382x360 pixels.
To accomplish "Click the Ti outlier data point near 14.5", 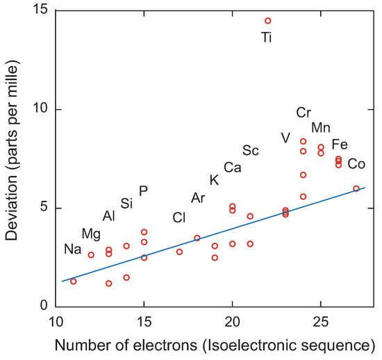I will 267,21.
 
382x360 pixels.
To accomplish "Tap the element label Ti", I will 267,38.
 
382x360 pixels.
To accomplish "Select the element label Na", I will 73,249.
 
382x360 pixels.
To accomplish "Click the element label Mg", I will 91,233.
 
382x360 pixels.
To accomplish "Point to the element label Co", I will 356,164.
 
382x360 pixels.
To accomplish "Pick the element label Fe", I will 340,145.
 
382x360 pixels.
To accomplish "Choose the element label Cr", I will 304,113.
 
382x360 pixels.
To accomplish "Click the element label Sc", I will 251,151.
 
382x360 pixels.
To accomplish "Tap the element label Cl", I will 179,218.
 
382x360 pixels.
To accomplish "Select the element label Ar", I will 198,199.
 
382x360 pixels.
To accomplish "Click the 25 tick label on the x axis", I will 321,322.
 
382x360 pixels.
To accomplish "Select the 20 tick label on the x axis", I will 232,322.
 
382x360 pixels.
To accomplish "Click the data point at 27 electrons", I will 356,188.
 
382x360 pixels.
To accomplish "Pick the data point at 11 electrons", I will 74,281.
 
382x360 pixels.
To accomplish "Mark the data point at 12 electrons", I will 91,255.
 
